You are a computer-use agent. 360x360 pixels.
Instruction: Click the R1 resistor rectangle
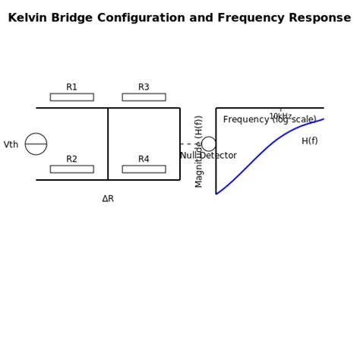71,97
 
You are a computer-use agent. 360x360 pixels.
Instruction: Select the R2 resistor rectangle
71,169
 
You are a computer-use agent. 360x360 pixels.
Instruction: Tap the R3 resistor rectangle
144,97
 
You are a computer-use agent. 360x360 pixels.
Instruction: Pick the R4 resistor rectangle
144,169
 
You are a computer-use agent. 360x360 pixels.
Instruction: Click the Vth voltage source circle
36,144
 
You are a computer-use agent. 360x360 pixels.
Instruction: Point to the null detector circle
208,144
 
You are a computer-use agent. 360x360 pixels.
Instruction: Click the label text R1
71,87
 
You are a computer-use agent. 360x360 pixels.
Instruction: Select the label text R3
144,87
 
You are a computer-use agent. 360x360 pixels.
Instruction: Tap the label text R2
71,159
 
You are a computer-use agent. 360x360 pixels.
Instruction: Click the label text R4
144,159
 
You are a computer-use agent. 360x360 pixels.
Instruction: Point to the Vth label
11,145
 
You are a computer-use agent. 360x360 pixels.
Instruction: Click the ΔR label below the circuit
108,199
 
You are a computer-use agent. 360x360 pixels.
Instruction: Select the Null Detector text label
209,156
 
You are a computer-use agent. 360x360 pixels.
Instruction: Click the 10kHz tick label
280,117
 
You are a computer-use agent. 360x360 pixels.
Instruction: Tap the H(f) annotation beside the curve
310,141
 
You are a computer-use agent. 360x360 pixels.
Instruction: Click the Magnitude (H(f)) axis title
200,151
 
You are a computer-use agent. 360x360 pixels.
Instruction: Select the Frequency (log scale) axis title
270,120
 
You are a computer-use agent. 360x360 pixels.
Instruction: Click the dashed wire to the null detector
190,144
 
